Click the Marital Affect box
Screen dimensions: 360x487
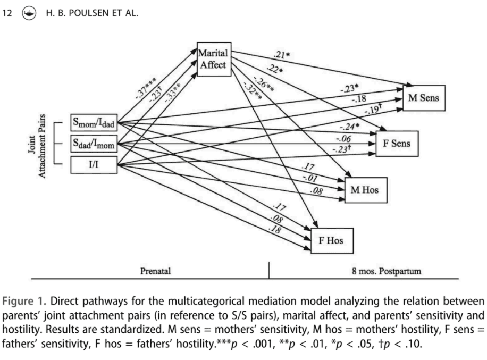(213, 59)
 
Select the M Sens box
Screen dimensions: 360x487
(423, 97)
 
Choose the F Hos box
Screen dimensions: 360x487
(331, 240)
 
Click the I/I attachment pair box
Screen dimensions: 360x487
(93, 164)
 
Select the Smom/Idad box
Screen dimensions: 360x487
(93, 124)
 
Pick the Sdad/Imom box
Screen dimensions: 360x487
(93, 144)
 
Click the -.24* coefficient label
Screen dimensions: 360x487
(349, 127)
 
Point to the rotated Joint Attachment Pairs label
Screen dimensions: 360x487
(36, 145)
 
